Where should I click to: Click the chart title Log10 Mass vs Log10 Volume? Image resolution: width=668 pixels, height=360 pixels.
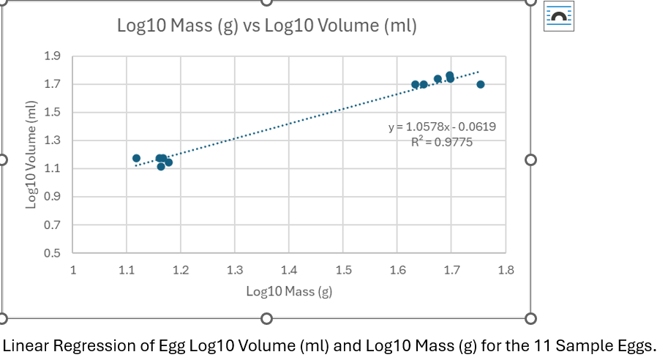coord(266,27)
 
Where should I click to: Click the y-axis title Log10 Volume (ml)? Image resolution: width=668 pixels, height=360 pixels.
coord(31,154)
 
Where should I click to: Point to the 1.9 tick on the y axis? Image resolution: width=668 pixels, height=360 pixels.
coord(54,56)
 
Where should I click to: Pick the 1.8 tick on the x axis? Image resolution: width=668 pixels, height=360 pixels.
coord(506,270)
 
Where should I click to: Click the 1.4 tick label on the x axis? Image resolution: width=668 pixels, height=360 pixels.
coord(289,270)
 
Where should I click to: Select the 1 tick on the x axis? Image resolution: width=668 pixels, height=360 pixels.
coord(72,270)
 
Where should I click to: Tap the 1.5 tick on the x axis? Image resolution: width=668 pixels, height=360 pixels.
coord(343,270)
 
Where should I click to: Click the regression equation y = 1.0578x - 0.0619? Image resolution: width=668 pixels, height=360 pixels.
coord(442,127)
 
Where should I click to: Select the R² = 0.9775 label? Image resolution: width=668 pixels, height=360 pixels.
coord(442,142)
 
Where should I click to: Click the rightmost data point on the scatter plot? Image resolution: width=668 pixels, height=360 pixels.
coord(481,85)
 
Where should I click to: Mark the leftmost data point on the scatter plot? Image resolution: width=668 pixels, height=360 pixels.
coord(136,158)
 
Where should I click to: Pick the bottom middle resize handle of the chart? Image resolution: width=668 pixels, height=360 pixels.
coord(266,318)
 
